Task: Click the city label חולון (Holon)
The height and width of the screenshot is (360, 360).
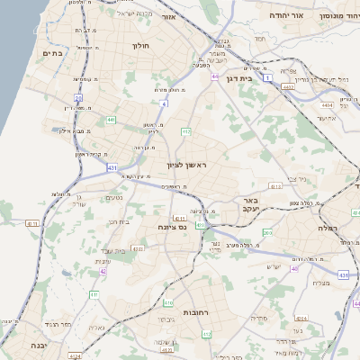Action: tap(140, 45)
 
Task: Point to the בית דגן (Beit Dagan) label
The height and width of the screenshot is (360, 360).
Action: tap(241, 67)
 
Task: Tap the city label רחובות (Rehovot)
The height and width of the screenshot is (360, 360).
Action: tap(171, 311)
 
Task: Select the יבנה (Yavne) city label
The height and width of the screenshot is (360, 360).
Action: tap(37, 345)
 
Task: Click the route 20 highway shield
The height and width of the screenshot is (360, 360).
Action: tap(78, 97)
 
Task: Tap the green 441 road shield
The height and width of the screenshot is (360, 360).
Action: tap(111, 119)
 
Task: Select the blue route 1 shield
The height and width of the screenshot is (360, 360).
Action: tap(267, 78)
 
